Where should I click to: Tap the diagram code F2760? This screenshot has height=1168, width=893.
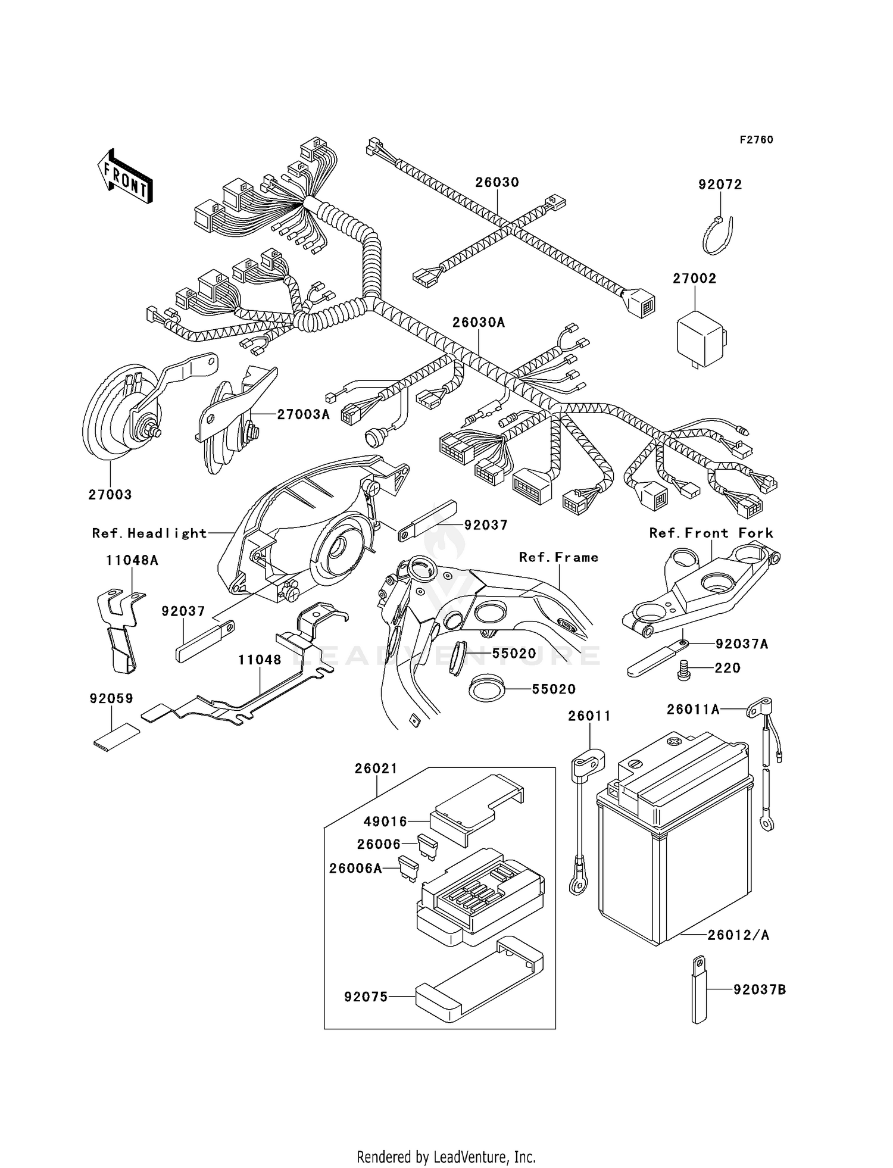tap(756, 140)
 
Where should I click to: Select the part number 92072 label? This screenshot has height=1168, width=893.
tap(720, 185)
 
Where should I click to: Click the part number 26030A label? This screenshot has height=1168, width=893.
tap(478, 323)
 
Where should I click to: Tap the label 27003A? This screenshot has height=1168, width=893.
tap(303, 414)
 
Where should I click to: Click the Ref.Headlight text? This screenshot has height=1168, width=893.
tap(149, 533)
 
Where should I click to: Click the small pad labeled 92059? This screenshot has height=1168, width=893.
tap(117, 737)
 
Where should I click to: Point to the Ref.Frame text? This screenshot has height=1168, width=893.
tap(558, 557)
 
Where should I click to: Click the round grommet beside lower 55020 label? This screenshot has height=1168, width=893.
tap(487, 689)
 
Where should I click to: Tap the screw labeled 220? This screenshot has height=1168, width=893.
tap(684, 670)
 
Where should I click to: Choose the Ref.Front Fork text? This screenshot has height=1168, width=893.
tap(711, 533)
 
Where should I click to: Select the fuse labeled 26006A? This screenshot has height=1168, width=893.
tap(409, 868)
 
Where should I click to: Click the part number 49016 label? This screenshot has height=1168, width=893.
tap(386, 822)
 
